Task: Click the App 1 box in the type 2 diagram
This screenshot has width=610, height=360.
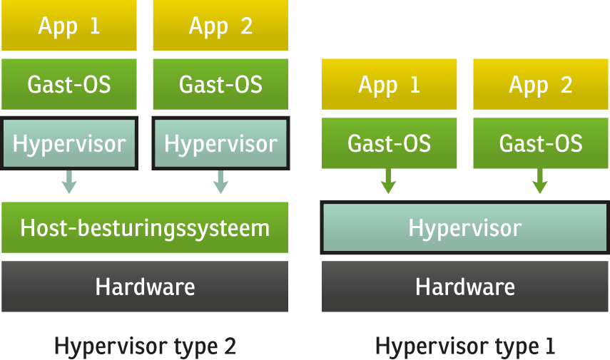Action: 69,26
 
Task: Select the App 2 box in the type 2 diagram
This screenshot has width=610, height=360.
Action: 220,26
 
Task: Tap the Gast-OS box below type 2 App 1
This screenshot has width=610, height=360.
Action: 69,84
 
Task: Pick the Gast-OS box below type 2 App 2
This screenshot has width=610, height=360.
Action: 220,84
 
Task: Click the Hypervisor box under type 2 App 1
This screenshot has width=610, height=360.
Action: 69,143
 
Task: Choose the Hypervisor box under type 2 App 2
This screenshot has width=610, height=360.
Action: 220,143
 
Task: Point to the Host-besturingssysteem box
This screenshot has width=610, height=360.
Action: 145,227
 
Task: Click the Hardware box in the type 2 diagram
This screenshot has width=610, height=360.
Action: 145,287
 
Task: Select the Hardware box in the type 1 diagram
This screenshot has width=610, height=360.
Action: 465,287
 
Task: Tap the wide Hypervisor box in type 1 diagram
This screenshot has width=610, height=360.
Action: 465,228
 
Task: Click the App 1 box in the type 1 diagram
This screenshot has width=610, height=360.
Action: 390,84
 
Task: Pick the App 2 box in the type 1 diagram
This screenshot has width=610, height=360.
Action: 541,84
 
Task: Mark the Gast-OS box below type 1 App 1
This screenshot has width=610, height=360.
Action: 390,143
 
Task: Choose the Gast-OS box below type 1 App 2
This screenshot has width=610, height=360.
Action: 541,143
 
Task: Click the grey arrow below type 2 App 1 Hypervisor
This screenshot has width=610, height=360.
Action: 69,183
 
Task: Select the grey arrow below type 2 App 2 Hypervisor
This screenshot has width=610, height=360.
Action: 220,183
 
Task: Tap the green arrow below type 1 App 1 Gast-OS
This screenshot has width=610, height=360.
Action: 388,183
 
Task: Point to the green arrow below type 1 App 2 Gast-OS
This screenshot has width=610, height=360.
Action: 540,183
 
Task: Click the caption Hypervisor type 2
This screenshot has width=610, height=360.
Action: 145,346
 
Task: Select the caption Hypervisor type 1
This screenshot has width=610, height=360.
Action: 465,346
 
